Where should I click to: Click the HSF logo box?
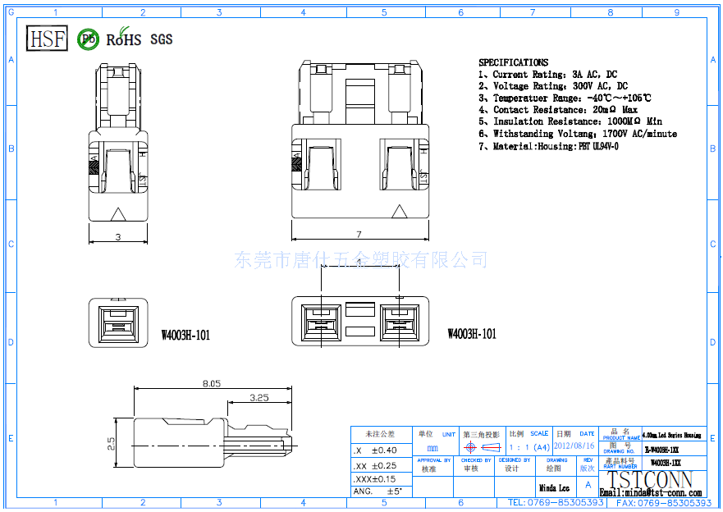click(x=47, y=38)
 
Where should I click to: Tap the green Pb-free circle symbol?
click(x=88, y=39)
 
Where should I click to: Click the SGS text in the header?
click(x=162, y=39)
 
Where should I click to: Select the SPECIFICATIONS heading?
click(x=513, y=62)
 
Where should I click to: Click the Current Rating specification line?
click(x=547, y=75)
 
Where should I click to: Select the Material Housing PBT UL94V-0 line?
click(x=548, y=146)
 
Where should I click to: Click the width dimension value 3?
click(x=117, y=236)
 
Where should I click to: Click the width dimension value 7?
click(x=359, y=235)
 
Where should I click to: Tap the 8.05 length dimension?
click(x=212, y=383)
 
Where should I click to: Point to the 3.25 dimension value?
click(x=259, y=398)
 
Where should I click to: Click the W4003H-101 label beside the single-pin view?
click(x=185, y=335)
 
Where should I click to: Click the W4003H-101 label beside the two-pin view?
click(x=472, y=334)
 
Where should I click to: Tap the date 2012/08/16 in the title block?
click(x=574, y=446)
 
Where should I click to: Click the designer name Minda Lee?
click(x=554, y=488)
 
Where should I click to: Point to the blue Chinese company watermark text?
click(x=361, y=260)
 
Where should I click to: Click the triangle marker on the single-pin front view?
click(x=118, y=214)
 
